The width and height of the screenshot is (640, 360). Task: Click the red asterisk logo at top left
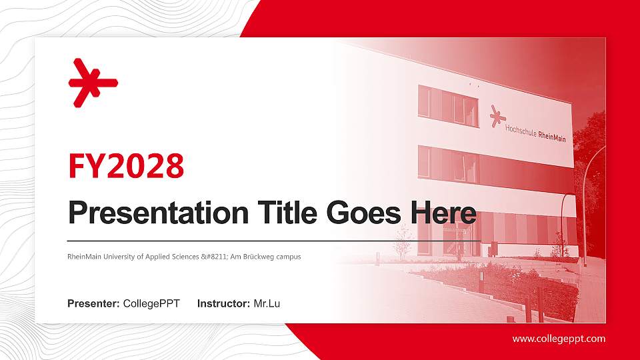click(x=93, y=83)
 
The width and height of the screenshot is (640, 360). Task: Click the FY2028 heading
click(x=126, y=166)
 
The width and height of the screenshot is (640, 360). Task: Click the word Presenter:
click(x=93, y=304)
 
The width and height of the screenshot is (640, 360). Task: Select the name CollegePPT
click(x=151, y=304)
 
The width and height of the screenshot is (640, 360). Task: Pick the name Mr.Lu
click(x=267, y=304)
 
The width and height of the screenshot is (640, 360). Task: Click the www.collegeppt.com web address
click(x=559, y=339)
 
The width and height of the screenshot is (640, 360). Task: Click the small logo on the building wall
click(x=497, y=116)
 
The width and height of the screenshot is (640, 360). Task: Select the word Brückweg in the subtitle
click(x=265, y=256)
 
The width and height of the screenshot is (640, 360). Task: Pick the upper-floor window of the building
click(x=448, y=107)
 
